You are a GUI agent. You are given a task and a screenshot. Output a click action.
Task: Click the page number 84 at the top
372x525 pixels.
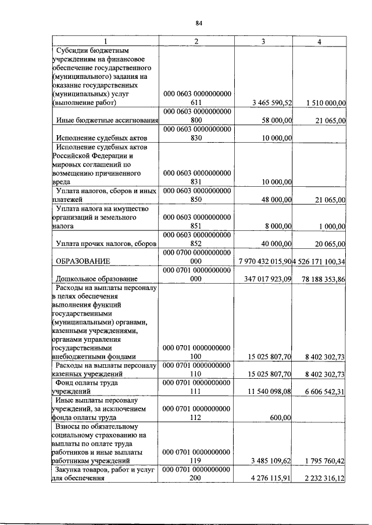199,23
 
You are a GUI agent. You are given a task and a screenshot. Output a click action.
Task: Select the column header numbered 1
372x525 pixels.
105,41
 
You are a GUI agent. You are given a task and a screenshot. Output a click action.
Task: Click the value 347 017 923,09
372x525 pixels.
269,280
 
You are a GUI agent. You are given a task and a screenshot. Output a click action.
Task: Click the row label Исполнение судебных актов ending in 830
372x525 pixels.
100,138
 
